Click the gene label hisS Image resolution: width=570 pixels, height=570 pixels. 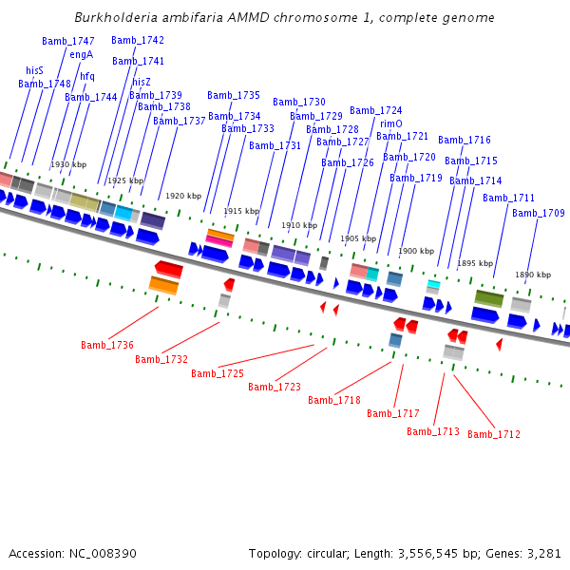pyautogui.click(x=34, y=70)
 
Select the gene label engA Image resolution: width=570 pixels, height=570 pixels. pyautogui.click(x=82, y=55)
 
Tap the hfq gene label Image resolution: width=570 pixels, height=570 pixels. pyautogui.click(x=87, y=76)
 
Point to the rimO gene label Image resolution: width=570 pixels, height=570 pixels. pyautogui.click(x=391, y=123)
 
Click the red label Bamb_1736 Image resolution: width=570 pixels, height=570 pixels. pyautogui.click(x=107, y=345)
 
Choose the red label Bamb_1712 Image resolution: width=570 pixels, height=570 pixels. pyautogui.click(x=494, y=434)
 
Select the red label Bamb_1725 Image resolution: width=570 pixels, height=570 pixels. pyautogui.click(x=218, y=373)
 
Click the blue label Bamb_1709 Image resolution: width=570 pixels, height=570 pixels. pyautogui.click(x=539, y=213)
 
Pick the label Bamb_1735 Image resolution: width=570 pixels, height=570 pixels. pyautogui.click(x=234, y=95)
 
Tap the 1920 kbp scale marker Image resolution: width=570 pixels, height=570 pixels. pyautogui.click(x=183, y=196)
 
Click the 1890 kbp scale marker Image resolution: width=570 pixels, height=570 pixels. pyautogui.click(x=533, y=275)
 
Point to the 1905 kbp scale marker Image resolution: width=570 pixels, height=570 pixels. pyautogui.click(x=358, y=238)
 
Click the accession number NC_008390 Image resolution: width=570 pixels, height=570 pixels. pyautogui.click(x=103, y=554)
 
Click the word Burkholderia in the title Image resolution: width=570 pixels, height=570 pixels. pyautogui.click(x=116, y=17)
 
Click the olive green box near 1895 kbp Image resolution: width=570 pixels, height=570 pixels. pyautogui.click(x=489, y=298)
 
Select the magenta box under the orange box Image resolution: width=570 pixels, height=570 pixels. pyautogui.click(x=219, y=241)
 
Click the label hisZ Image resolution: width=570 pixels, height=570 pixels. pyautogui.click(x=142, y=82)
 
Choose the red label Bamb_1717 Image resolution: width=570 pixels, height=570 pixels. pyautogui.click(x=393, y=413)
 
